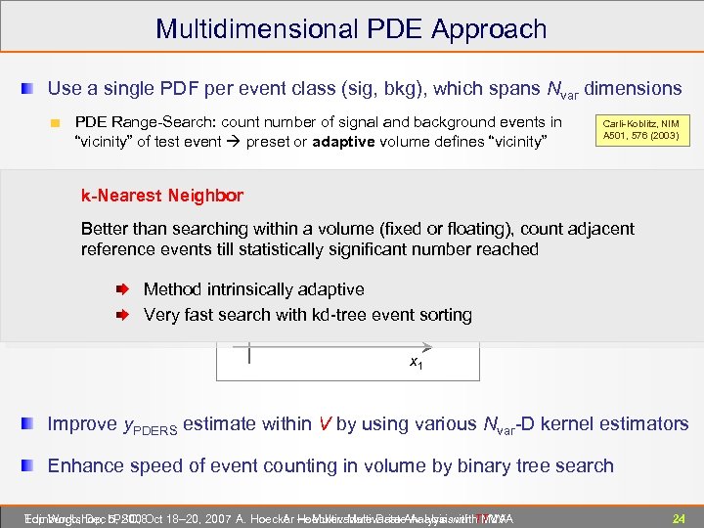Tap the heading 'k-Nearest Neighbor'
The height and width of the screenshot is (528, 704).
[161, 196]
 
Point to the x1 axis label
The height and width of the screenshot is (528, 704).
[417, 364]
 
